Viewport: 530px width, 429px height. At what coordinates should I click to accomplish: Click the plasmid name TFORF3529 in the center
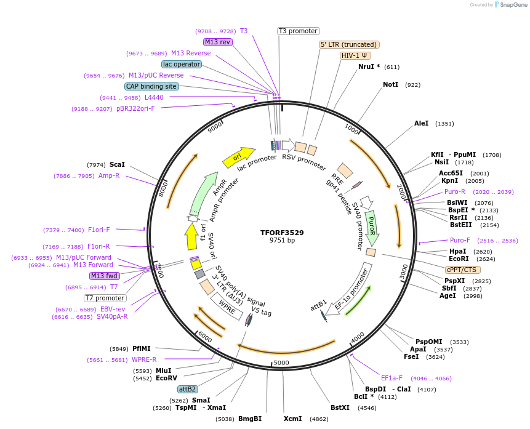(x=282, y=233)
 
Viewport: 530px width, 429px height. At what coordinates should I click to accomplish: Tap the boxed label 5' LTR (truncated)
(x=349, y=44)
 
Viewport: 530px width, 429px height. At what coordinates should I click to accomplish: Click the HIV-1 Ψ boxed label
(x=355, y=55)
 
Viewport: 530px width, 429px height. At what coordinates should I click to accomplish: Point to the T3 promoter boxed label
(x=298, y=31)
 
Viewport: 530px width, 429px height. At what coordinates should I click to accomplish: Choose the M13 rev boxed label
(x=217, y=42)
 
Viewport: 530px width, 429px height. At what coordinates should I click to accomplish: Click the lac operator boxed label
(x=181, y=64)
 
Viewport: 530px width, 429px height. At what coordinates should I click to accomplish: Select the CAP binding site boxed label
(x=151, y=86)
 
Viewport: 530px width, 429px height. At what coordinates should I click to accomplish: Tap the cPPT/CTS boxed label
(x=463, y=270)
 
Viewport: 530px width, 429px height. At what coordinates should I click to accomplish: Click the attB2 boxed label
(x=187, y=389)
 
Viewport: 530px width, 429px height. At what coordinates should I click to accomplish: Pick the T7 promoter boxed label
(x=105, y=298)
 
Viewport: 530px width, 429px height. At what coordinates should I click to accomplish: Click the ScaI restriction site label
(x=117, y=164)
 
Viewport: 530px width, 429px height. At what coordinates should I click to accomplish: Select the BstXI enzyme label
(x=340, y=407)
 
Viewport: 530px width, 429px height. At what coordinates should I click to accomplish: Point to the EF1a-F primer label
(x=391, y=378)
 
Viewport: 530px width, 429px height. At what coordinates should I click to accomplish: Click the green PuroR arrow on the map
(x=371, y=227)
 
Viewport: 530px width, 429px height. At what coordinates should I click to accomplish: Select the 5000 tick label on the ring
(x=281, y=363)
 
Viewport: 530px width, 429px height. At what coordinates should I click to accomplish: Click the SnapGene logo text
(x=512, y=5)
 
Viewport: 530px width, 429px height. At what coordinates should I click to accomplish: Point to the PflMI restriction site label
(x=141, y=348)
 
